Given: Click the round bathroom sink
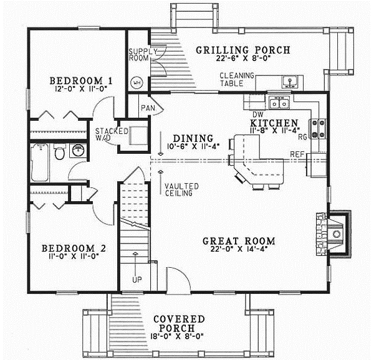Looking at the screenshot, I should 78,151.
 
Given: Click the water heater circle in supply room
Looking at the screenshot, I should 137,82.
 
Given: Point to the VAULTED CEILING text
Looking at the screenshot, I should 181,189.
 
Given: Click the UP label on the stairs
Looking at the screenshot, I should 135,279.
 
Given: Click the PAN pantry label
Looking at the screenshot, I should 147,108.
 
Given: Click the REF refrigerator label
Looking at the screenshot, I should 297,154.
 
